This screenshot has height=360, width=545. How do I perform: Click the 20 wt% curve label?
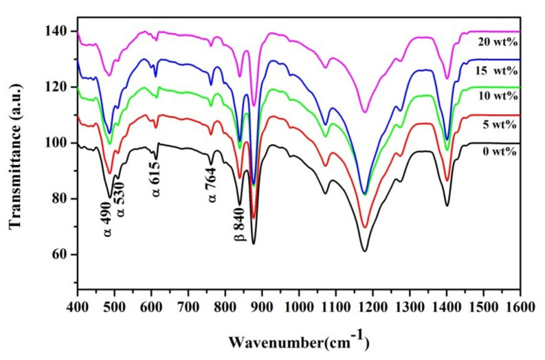coord(497,41)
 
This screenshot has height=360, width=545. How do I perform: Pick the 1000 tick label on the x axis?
coord(298,302)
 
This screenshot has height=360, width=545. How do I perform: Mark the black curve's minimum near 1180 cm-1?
coord(365,251)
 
